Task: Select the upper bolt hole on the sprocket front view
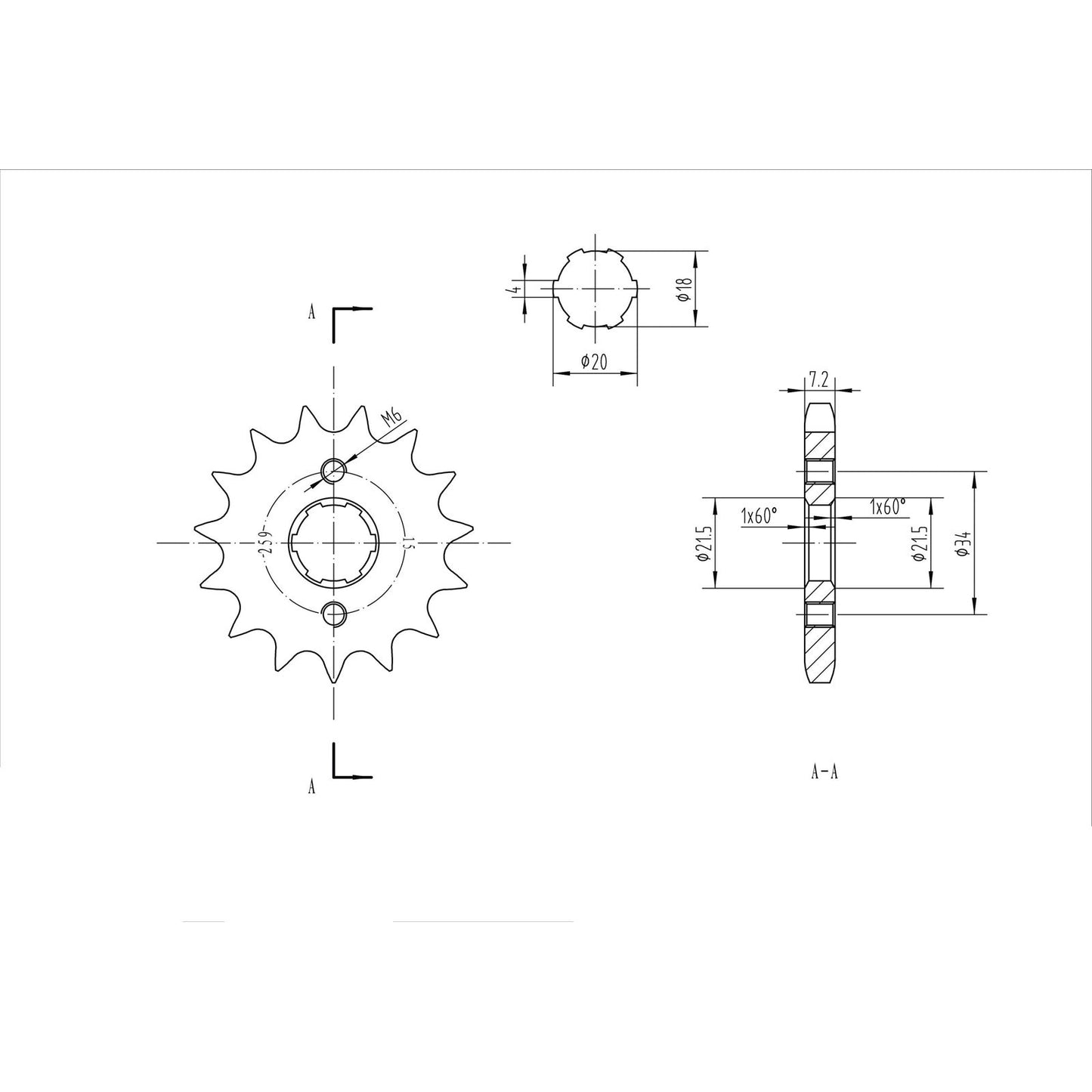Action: coord(333,470)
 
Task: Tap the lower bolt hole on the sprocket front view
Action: coord(333,614)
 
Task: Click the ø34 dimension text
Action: coord(962,543)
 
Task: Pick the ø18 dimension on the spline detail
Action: coord(684,289)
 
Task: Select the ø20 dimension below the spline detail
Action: coord(594,363)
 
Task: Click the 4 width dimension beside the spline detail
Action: coord(514,289)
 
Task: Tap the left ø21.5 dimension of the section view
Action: coord(702,543)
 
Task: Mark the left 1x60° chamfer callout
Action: coord(759,516)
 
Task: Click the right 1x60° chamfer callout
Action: coord(887,507)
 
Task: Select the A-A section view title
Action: coord(824,772)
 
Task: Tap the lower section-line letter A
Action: coord(311,787)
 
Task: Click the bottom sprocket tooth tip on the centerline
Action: coord(333,682)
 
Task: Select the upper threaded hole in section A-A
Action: coord(820,472)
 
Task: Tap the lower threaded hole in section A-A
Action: coord(820,615)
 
